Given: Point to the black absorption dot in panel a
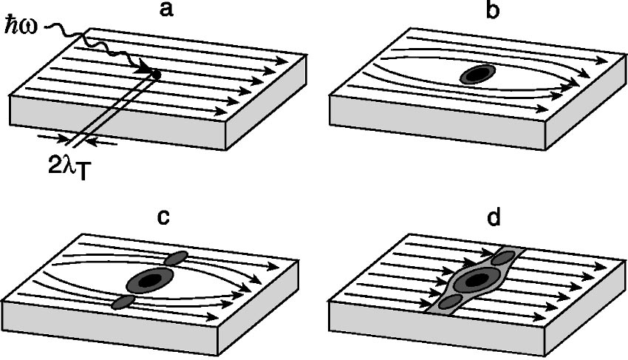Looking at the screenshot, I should pos(156,72).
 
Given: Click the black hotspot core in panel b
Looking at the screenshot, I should pos(477,74).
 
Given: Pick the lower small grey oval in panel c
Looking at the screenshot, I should pos(123,302).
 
